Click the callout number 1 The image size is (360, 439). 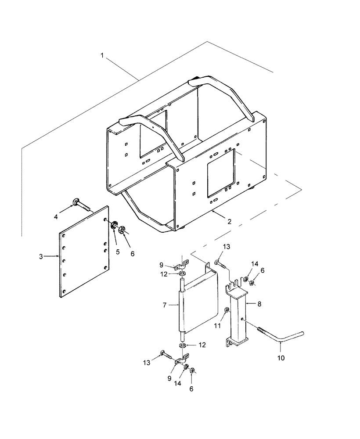tap(102, 56)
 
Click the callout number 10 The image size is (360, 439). tap(281, 358)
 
